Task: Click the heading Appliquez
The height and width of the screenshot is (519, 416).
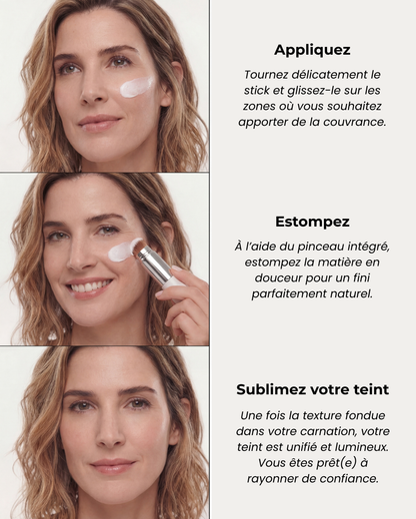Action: (x=312, y=49)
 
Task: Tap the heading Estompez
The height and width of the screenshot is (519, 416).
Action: (x=312, y=222)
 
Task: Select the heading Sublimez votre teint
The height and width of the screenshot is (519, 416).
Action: (x=312, y=389)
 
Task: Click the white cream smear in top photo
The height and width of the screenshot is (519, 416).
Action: (x=136, y=87)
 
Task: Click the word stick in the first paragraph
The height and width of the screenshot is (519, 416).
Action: (x=260, y=90)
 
